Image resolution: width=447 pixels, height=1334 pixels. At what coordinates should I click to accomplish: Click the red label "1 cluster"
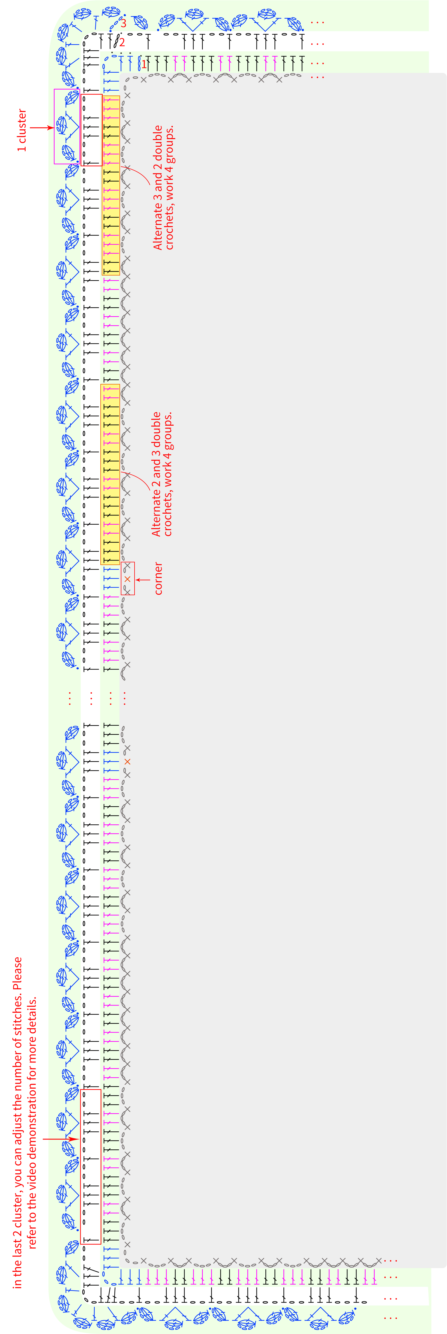coord(22,130)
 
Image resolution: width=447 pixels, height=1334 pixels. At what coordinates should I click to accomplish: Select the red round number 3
coord(123,23)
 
